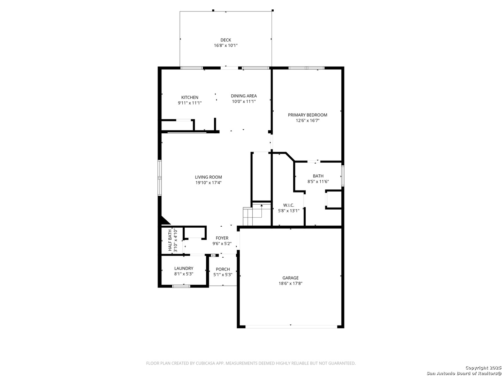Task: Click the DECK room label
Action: [x=226, y=40]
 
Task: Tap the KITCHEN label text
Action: [x=190, y=97]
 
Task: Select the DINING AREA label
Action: [x=244, y=96]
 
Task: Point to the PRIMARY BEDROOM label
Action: [x=307, y=115]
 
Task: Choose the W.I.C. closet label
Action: [x=288, y=205]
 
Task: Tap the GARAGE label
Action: [x=290, y=278]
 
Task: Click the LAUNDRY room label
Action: [x=184, y=268]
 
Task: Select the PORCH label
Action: [x=223, y=269]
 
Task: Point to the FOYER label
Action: [x=222, y=238]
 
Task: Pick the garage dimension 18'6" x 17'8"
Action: [x=290, y=283]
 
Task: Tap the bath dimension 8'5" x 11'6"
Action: [x=318, y=181]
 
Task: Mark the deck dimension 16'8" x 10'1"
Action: [x=226, y=45]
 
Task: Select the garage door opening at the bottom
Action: [x=291, y=327]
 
